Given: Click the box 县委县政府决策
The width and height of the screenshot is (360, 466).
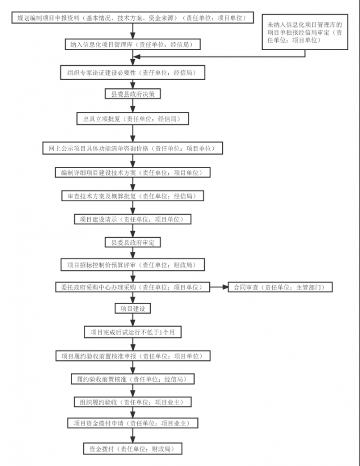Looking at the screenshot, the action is (x=133, y=94).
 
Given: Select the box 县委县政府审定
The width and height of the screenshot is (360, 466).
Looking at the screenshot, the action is (x=133, y=242).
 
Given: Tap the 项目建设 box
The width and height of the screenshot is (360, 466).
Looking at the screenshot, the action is (x=133, y=309).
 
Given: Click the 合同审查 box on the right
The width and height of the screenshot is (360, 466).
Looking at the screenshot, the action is (x=280, y=287).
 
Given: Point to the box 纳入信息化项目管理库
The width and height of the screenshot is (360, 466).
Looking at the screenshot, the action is (x=133, y=44).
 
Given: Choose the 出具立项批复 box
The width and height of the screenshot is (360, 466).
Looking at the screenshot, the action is (x=133, y=119).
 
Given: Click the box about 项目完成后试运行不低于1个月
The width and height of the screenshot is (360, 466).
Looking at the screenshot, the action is (x=133, y=332).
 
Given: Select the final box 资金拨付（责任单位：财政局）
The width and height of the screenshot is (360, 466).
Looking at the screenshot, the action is (x=133, y=449).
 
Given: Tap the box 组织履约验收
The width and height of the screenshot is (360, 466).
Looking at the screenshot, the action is (x=133, y=402).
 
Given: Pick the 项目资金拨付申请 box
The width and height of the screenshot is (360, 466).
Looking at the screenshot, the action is (x=133, y=423).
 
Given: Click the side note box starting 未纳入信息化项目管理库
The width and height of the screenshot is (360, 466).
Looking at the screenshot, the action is (x=305, y=32).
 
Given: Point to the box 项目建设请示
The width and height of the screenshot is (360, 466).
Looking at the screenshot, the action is (x=133, y=219).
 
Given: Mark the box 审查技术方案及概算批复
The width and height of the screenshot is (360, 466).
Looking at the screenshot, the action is (x=133, y=196).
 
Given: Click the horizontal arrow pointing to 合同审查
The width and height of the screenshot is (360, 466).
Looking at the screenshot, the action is (x=219, y=287).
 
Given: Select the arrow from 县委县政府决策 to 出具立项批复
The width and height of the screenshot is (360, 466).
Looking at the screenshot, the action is (x=133, y=106).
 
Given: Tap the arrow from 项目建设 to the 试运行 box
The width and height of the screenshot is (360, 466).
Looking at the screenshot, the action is (x=133, y=320).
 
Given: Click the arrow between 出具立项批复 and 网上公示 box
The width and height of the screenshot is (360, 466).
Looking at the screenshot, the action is (x=133, y=133).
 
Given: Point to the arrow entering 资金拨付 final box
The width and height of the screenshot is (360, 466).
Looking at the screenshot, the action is (x=133, y=436).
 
